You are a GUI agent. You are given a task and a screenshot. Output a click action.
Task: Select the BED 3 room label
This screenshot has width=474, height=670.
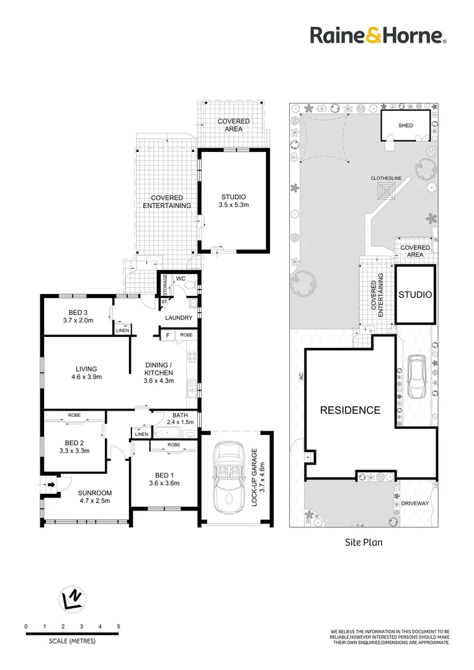(78, 316)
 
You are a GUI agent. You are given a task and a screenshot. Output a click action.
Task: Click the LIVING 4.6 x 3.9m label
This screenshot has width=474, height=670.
(84, 372)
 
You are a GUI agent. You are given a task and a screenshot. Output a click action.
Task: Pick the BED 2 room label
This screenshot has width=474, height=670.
(74, 447)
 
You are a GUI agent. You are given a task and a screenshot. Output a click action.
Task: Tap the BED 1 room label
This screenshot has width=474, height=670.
(163, 479)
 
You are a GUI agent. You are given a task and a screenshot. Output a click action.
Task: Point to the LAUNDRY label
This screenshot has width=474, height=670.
(179, 318)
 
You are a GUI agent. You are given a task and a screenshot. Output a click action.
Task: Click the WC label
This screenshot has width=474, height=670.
(181, 279)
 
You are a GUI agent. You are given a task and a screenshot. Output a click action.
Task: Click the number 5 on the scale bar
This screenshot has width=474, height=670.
(118, 627)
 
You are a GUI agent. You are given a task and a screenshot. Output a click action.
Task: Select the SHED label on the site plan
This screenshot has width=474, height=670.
(405, 126)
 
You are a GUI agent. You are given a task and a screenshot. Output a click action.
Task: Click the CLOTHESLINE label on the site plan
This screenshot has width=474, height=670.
(386, 179)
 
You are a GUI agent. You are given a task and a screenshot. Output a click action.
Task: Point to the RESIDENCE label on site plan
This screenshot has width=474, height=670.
(350, 410)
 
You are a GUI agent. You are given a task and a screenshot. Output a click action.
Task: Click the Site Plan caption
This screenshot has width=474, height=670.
(364, 542)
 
